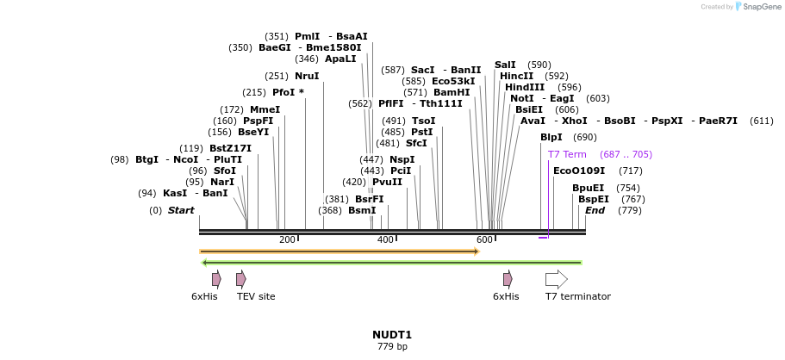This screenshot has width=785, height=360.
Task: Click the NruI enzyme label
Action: [x=307, y=76]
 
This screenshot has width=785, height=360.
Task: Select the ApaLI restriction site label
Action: [x=340, y=59]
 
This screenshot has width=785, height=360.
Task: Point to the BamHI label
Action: [x=452, y=92]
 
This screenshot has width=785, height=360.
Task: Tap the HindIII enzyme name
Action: [x=525, y=87]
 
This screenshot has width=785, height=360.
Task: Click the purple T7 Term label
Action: [x=567, y=154]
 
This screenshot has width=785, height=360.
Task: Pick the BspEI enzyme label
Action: [x=590, y=199]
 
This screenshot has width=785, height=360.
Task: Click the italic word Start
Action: [x=181, y=210]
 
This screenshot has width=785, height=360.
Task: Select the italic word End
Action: [x=595, y=210]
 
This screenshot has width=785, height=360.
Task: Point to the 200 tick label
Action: [x=287, y=239]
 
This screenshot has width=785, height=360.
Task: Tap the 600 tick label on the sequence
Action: [x=484, y=239]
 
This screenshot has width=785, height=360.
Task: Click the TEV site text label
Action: [x=256, y=296]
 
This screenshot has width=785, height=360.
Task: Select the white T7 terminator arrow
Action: [x=557, y=279]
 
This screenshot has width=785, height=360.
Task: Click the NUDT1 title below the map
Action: [x=392, y=335]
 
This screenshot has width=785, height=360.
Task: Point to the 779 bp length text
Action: [x=392, y=346]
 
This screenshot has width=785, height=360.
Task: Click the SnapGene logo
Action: [x=757, y=7]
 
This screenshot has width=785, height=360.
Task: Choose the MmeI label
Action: [x=265, y=109]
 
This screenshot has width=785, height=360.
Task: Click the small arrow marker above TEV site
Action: [x=241, y=279]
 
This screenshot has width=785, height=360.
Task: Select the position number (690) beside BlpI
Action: [x=584, y=137]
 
